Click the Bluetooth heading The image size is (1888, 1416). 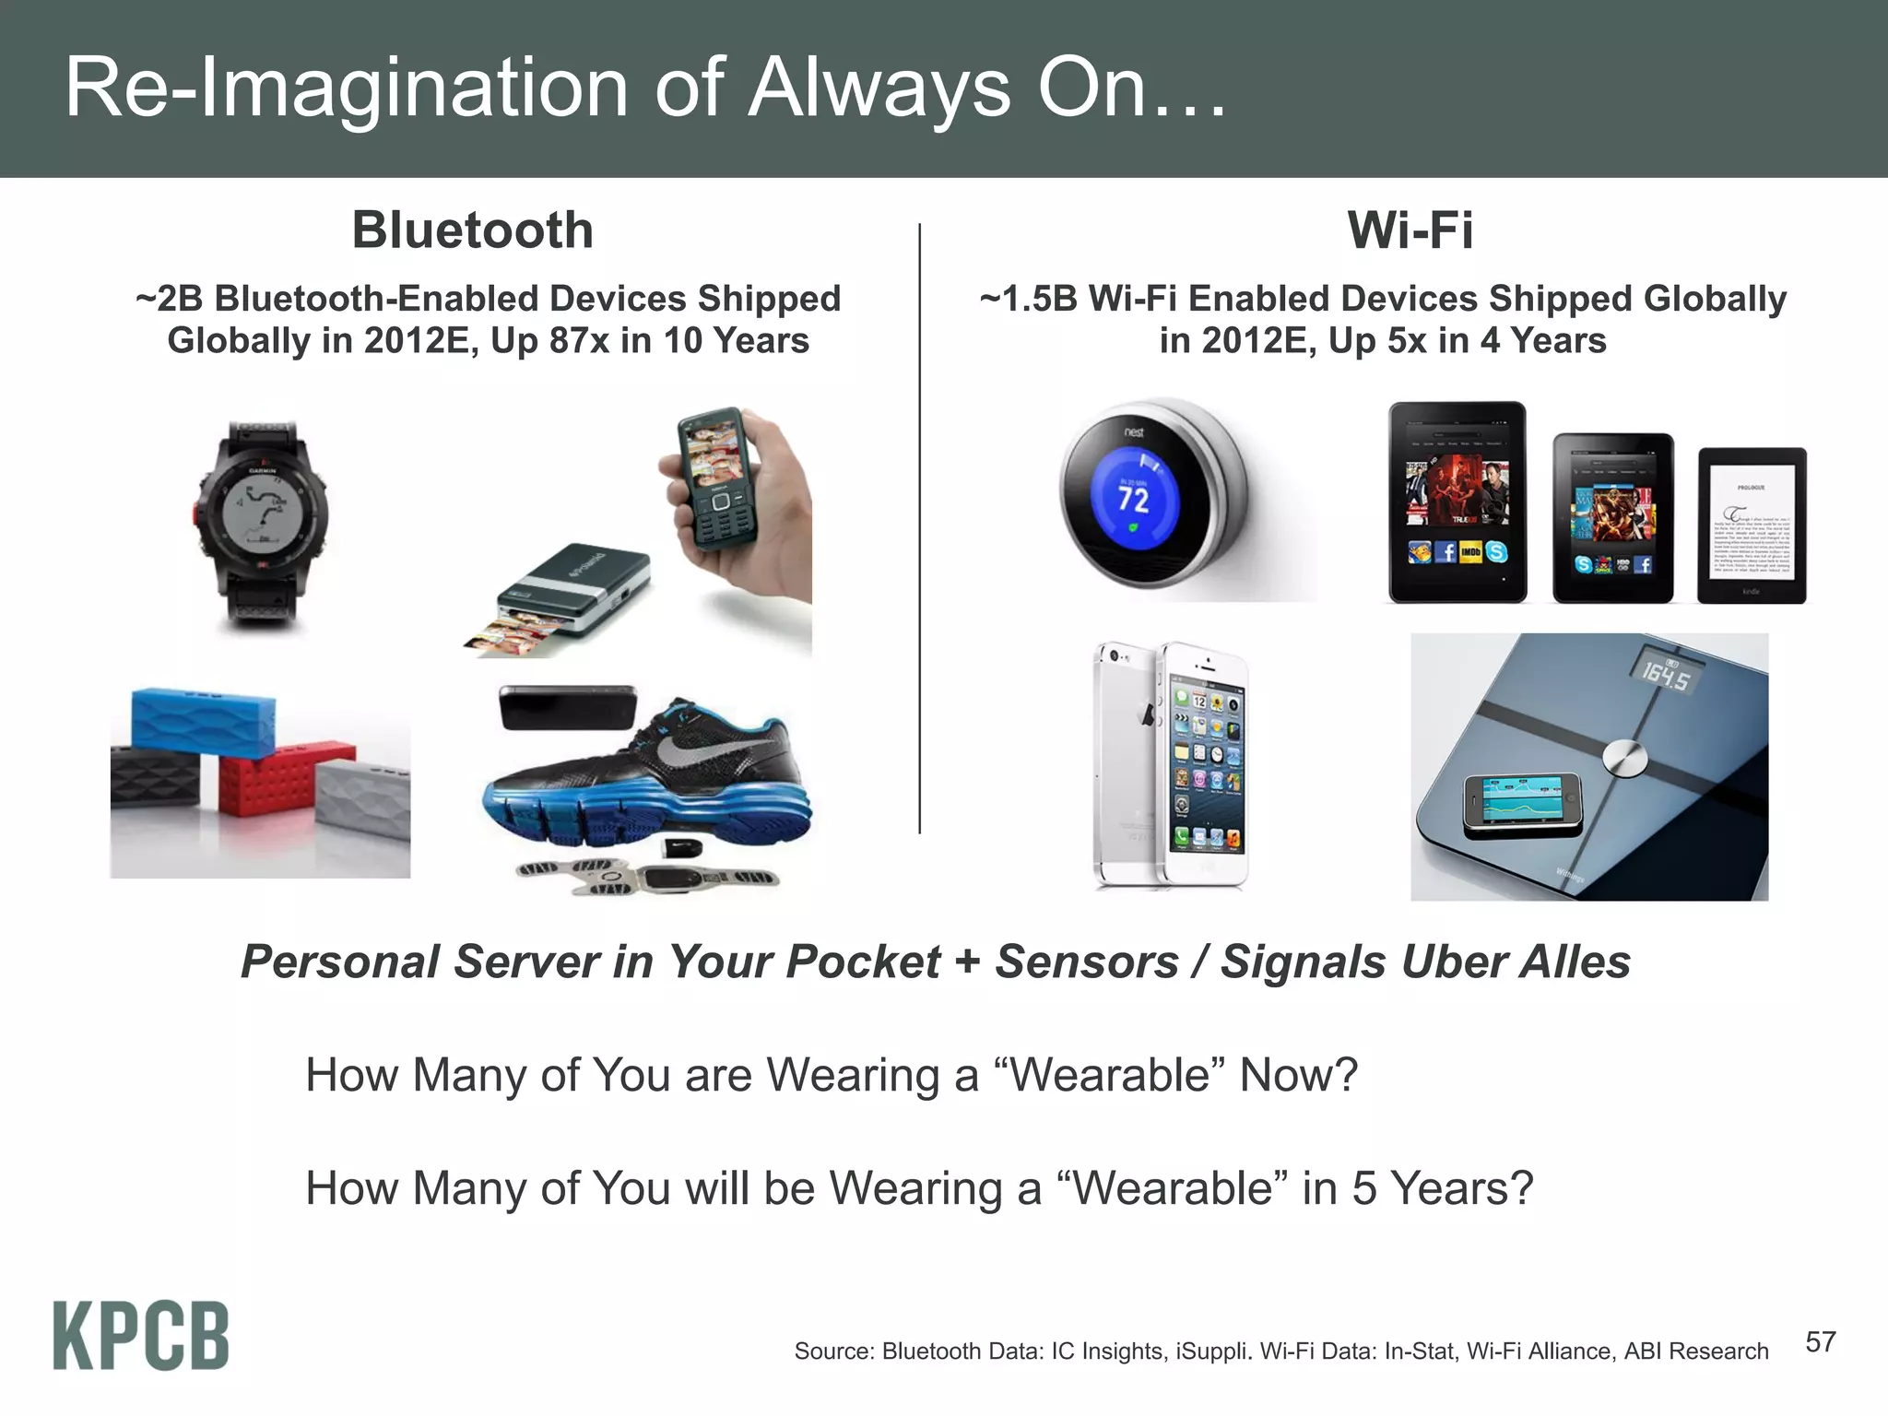pyautogui.click(x=472, y=230)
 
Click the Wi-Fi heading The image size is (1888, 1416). pyautogui.click(x=1410, y=230)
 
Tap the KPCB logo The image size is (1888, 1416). pyautogui.click(x=140, y=1336)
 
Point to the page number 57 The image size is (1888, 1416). pyautogui.click(x=1820, y=1342)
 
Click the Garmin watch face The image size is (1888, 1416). pyautogui.click(x=262, y=517)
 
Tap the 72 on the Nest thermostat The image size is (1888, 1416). pyautogui.click(x=1133, y=501)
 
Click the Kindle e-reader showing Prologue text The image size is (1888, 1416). pyautogui.click(x=1752, y=526)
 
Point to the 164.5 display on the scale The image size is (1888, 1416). pyautogui.click(x=1665, y=674)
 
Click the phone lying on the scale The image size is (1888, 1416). pyautogui.click(x=1522, y=800)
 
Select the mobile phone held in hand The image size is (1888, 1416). pyautogui.click(x=717, y=478)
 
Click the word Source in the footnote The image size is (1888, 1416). pyautogui.click(x=833, y=1351)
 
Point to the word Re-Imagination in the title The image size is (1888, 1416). pyautogui.click(x=346, y=88)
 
